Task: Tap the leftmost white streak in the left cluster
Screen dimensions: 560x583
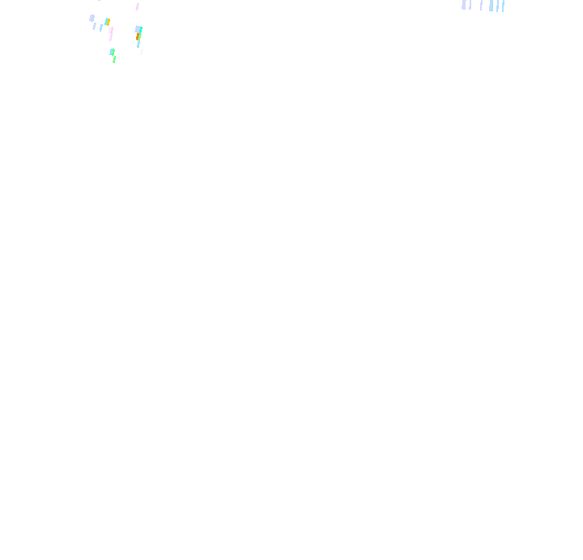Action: [86, 16]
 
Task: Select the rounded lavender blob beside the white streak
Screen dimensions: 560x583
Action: [91, 18]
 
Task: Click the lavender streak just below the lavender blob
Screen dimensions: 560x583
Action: [94, 26]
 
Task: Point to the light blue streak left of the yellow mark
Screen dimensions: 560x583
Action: [101, 28]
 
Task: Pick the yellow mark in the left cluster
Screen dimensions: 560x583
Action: [109, 22]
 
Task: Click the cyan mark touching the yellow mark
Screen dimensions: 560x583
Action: [106, 21]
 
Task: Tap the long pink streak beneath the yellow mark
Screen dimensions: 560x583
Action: [111, 33]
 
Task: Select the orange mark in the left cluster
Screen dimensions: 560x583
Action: [138, 36]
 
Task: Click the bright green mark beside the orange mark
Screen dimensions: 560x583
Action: [140, 36]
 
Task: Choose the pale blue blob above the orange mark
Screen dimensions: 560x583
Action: [138, 29]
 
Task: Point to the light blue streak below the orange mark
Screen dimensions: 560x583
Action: [138, 44]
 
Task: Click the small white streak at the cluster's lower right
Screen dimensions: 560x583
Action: [142, 52]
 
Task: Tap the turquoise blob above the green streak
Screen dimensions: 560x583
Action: [113, 52]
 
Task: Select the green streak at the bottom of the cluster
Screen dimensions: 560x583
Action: [114, 59]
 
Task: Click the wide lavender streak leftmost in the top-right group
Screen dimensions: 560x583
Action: [464, 5]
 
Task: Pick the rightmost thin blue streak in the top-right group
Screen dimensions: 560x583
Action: [503, 6]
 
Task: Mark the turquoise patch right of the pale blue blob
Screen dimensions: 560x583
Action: [141, 30]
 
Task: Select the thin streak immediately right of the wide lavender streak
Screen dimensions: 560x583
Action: [470, 6]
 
